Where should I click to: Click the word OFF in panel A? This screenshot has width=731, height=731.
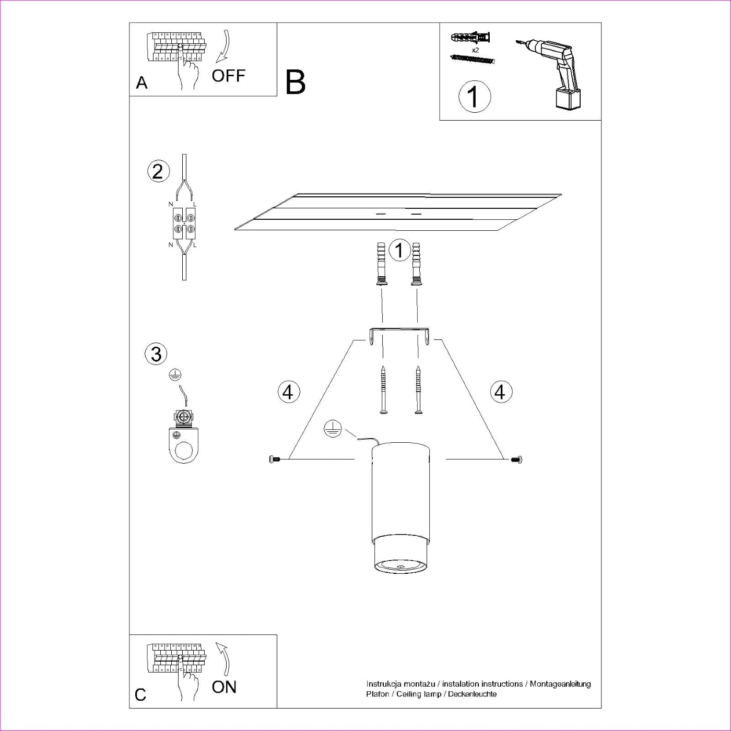[x=228, y=76]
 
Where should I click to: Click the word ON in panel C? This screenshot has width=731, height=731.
[x=224, y=687]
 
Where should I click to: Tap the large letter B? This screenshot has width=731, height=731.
[x=295, y=82]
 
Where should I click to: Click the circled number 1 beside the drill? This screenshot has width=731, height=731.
[x=474, y=97]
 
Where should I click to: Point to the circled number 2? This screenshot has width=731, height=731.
[x=158, y=172]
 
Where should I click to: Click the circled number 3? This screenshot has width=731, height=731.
[x=156, y=354]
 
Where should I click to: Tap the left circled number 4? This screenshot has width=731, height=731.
[x=289, y=392]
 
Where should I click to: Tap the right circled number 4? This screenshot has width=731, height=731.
[x=501, y=392]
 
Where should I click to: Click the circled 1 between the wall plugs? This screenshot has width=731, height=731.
[x=399, y=251]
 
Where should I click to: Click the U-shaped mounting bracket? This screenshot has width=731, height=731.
[x=399, y=334]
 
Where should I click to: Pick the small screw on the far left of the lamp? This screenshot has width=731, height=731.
[x=274, y=459]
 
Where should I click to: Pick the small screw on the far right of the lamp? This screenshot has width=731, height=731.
[x=517, y=459]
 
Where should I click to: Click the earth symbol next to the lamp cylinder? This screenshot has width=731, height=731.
[x=332, y=429]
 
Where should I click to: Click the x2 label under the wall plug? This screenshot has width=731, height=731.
[x=475, y=50]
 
